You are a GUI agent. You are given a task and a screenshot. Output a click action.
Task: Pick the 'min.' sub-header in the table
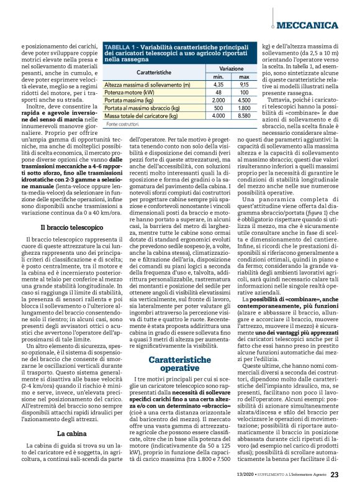pos(218,76)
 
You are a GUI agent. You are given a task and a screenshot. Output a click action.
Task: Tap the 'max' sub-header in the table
pos(243,76)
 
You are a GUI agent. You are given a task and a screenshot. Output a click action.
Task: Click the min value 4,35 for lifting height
pos(218,84)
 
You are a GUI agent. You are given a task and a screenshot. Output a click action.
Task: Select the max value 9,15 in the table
pos(243,84)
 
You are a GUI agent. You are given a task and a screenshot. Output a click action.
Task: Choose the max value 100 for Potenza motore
pos(243,92)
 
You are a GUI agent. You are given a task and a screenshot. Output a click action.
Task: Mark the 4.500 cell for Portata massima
pos(243,99)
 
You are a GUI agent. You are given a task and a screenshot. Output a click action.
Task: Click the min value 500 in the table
pos(218,107)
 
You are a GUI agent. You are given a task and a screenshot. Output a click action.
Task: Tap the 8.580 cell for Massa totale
pos(243,116)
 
